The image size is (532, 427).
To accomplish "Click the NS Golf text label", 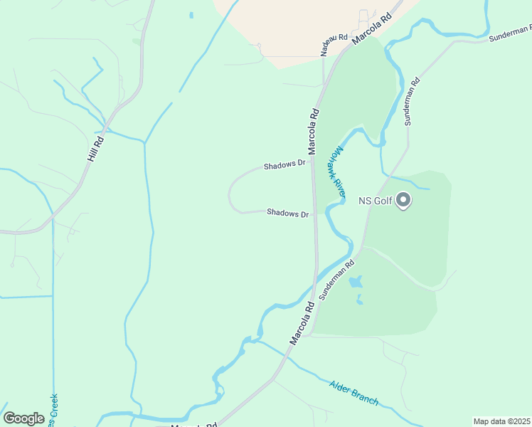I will (x=376, y=201).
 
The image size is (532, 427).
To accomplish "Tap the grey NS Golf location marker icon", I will (x=403, y=201).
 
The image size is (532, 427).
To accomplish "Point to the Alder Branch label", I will (x=354, y=393).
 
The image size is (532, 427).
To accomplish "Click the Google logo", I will (x=23, y=418).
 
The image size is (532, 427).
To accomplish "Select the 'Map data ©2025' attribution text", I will (x=501, y=421).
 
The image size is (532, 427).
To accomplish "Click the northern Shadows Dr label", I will (x=284, y=165).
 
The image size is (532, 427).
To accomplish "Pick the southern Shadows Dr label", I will (x=287, y=213).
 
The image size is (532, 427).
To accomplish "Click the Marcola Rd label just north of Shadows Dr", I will (x=313, y=131).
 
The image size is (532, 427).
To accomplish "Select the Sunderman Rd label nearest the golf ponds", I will (x=336, y=280).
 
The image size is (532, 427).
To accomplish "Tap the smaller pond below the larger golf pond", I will (x=360, y=300).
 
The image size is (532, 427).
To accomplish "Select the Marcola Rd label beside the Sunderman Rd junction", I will (x=302, y=324).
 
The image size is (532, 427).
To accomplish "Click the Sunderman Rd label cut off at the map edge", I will (x=509, y=33).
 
